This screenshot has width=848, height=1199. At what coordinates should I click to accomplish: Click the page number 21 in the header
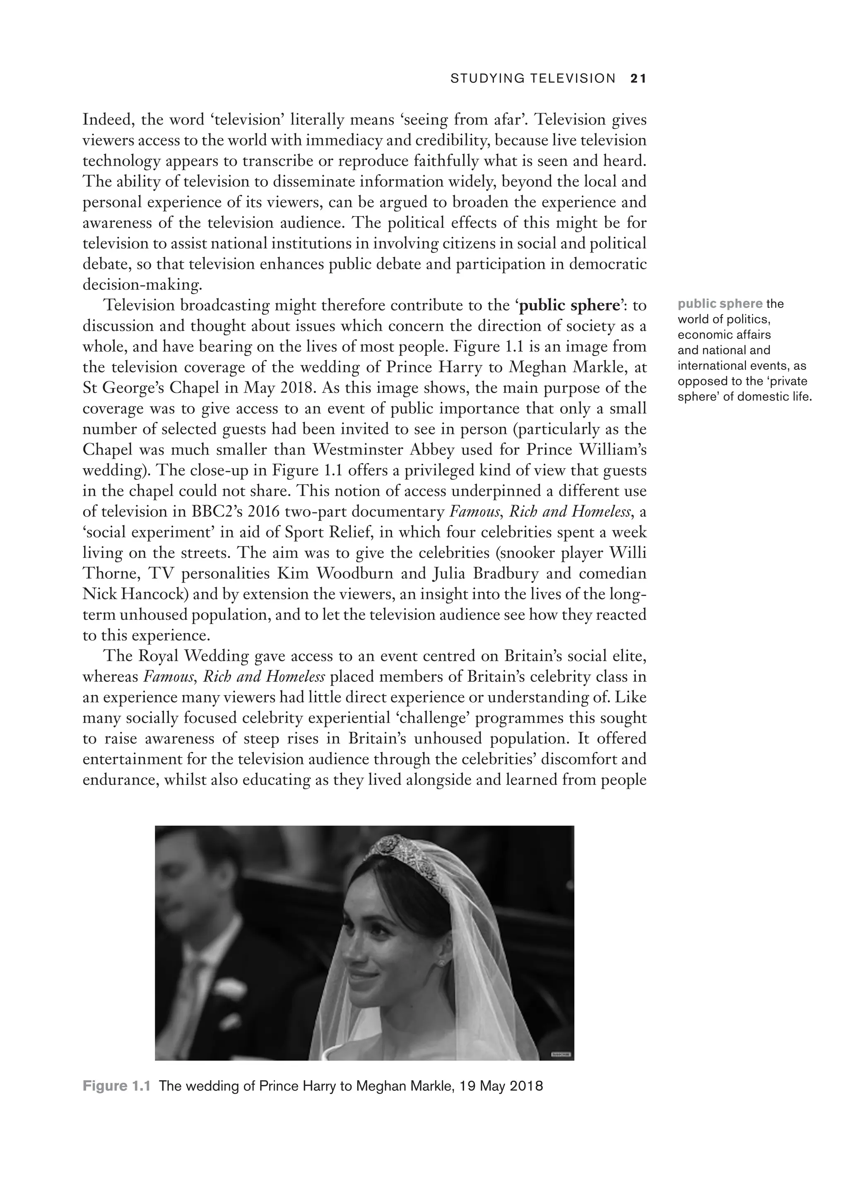(638, 79)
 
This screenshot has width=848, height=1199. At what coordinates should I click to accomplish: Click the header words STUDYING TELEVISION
(532, 79)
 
